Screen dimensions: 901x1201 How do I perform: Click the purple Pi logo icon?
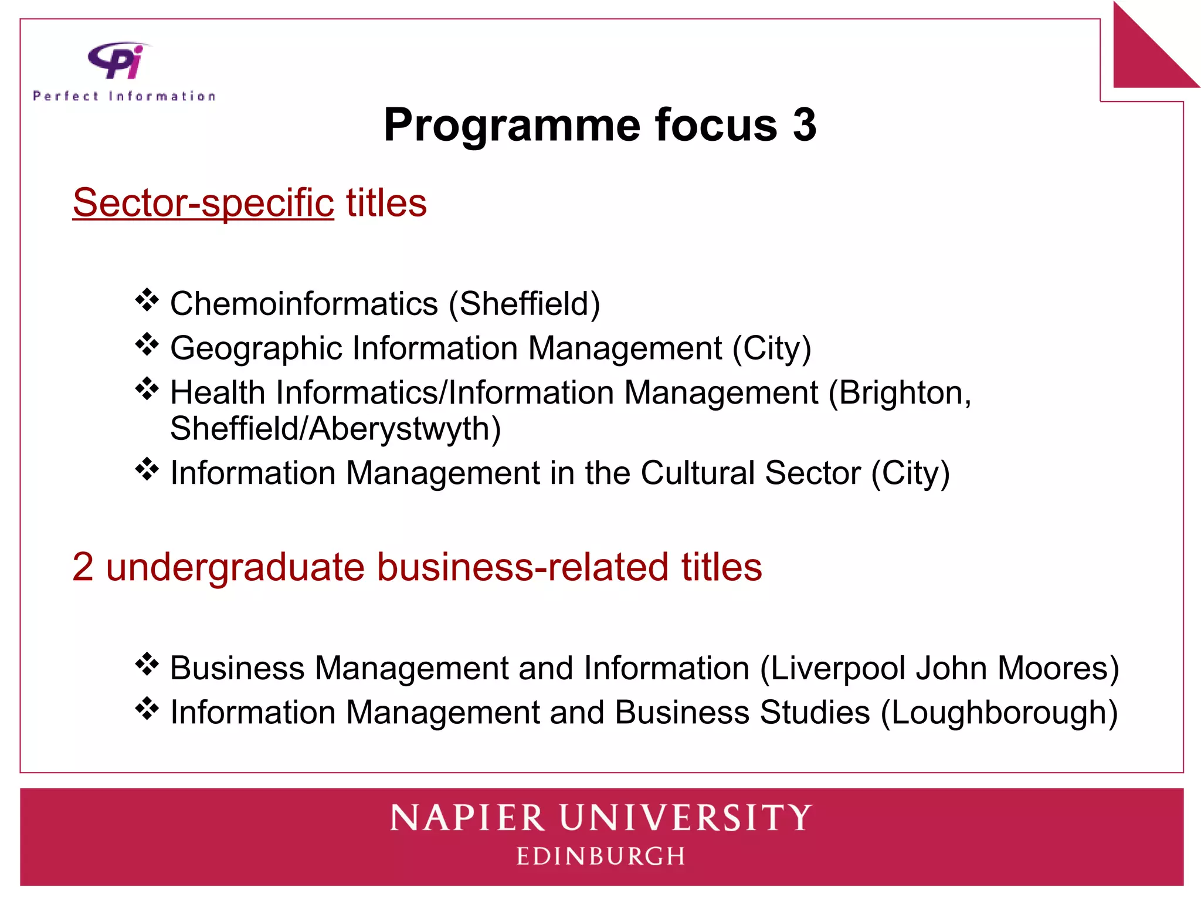[118, 60]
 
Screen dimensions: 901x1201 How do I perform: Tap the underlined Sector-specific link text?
[203, 203]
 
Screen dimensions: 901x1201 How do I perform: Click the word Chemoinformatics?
[304, 304]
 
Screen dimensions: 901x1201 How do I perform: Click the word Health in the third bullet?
[218, 392]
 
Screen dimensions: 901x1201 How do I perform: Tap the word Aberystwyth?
[405, 429]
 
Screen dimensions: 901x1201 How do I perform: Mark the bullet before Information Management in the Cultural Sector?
[147, 469]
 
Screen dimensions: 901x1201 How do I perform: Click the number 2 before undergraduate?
[83, 567]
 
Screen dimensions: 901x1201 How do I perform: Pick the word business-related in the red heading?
[522, 567]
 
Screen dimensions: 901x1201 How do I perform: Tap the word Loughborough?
[999, 713]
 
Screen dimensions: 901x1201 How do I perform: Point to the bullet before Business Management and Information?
[147, 665]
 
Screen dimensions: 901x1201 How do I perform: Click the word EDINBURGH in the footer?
[600, 856]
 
